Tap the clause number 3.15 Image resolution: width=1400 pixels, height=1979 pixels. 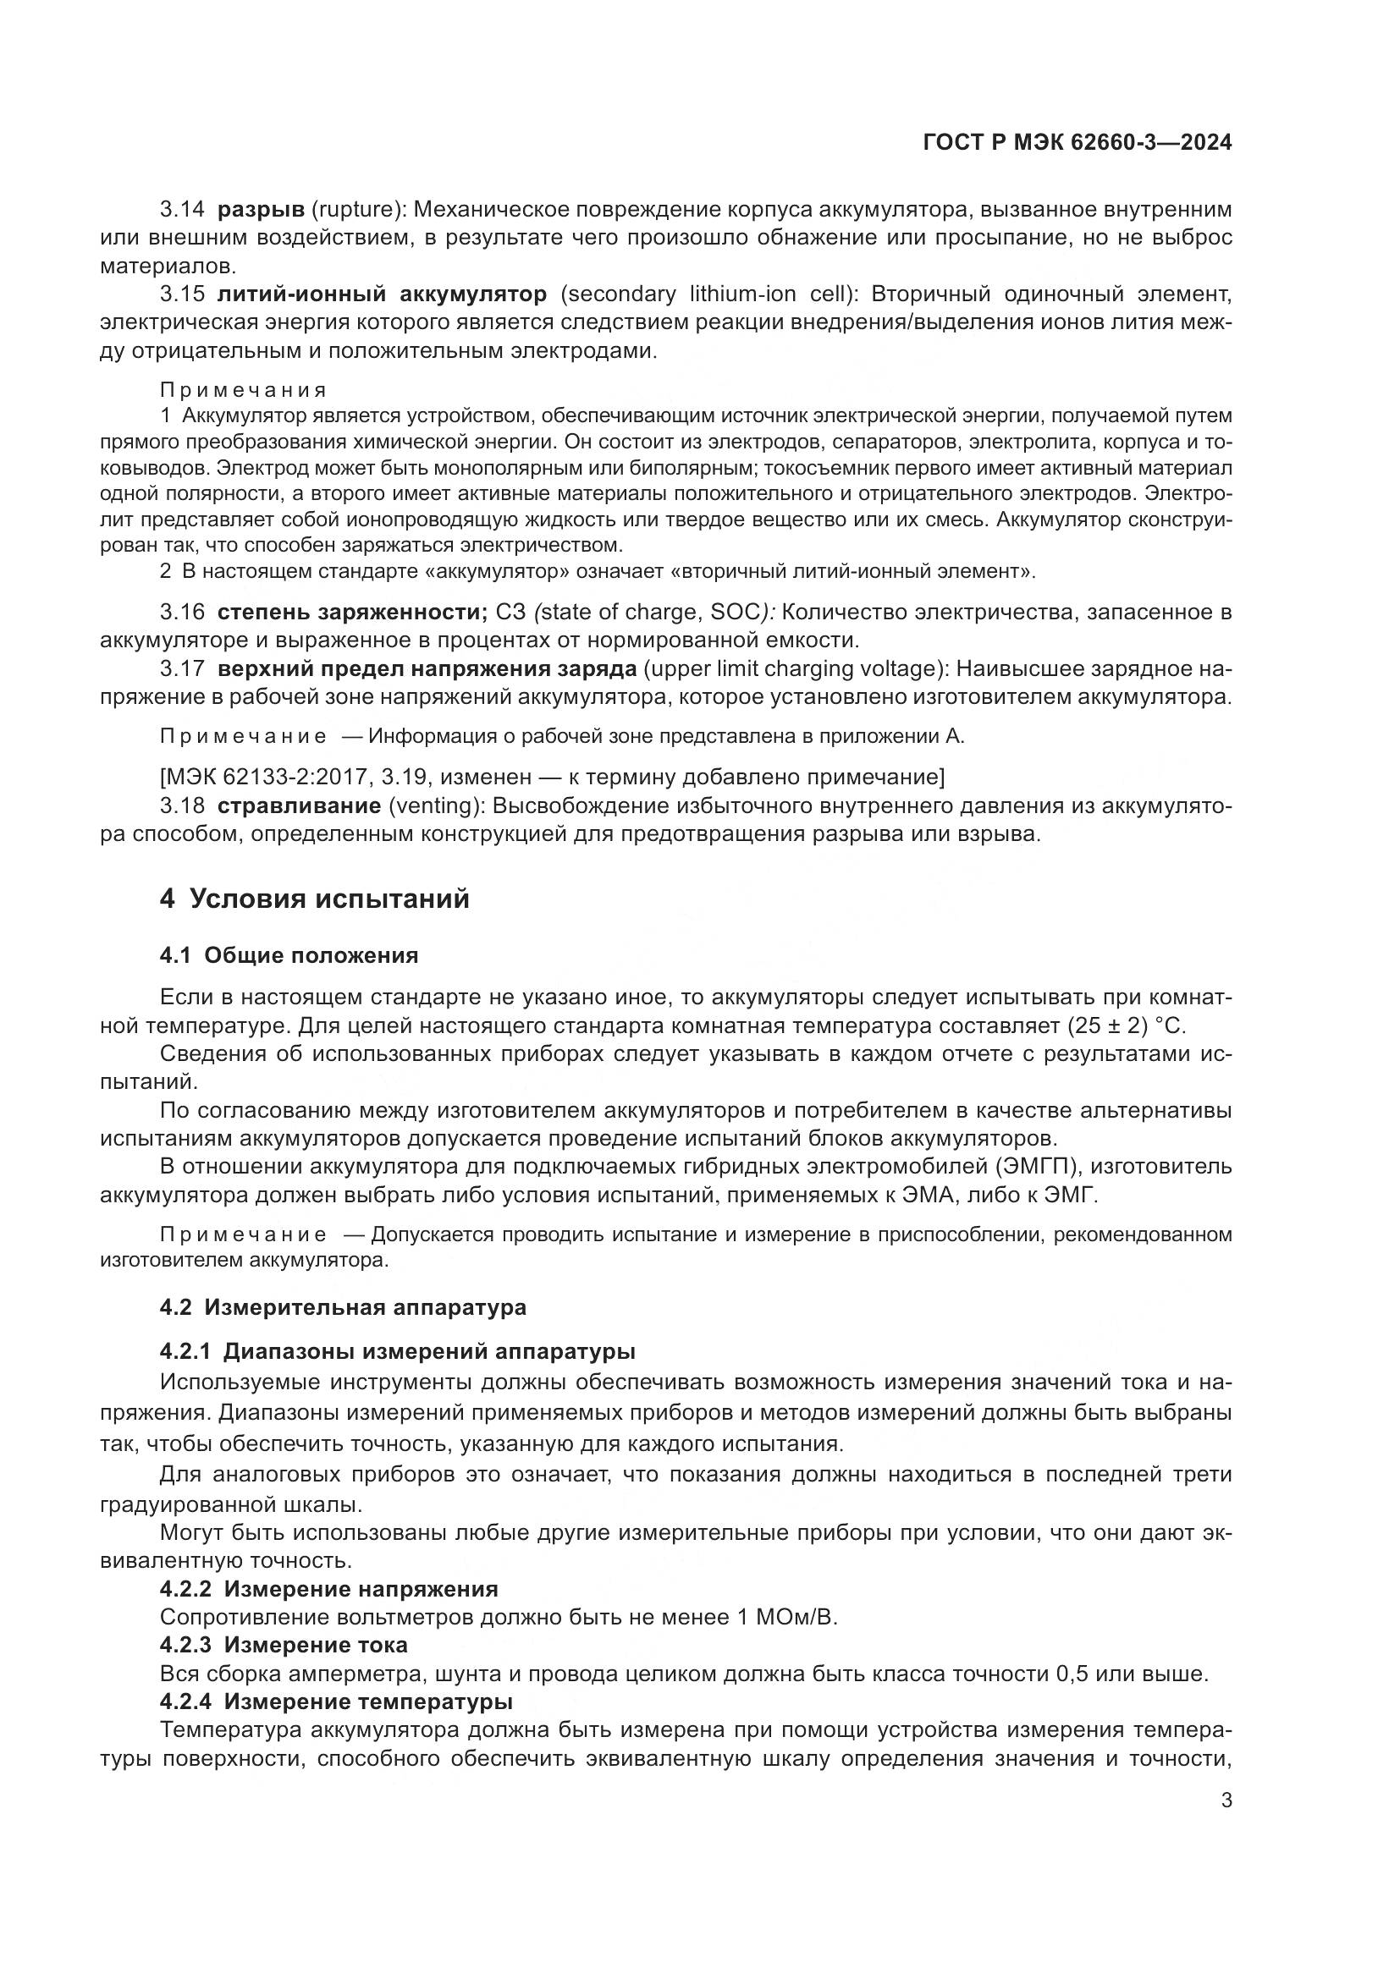pyautogui.click(x=182, y=294)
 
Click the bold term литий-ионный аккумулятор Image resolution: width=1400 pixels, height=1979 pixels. pyautogui.click(x=381, y=294)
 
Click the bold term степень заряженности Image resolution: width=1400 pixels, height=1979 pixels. pyautogui.click(x=353, y=613)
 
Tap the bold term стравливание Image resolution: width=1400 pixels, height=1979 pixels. pyautogui.click(x=298, y=806)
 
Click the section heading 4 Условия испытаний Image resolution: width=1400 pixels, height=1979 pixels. pyautogui.click(x=315, y=899)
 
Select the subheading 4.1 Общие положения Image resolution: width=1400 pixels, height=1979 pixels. pyautogui.click(x=289, y=955)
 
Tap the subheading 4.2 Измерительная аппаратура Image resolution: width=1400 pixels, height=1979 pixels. pyautogui.click(x=342, y=1307)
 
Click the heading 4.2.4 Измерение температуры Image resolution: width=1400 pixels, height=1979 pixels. pyautogui.click(x=336, y=1701)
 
